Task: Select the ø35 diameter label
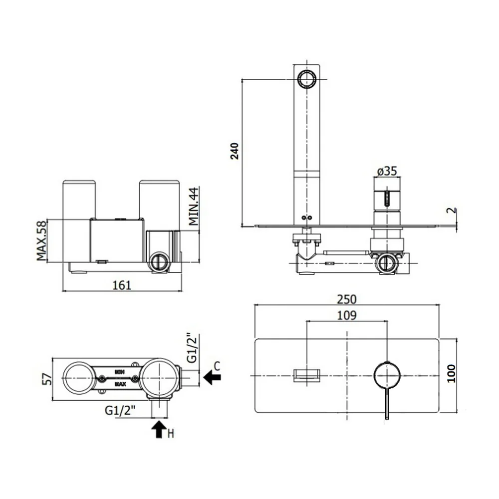387,171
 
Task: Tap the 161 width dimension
122,285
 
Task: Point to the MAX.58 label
41,241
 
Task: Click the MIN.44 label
194,206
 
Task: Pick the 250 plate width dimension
347,299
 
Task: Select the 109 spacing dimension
347,315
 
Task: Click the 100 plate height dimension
451,373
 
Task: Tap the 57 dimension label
47,379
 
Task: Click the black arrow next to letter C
212,377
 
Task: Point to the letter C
217,366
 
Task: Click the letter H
171,434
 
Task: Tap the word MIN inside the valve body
120,372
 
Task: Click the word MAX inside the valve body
120,384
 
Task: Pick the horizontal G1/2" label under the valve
120,411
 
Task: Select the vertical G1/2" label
192,348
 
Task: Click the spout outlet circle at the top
306,79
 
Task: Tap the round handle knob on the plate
387,376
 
